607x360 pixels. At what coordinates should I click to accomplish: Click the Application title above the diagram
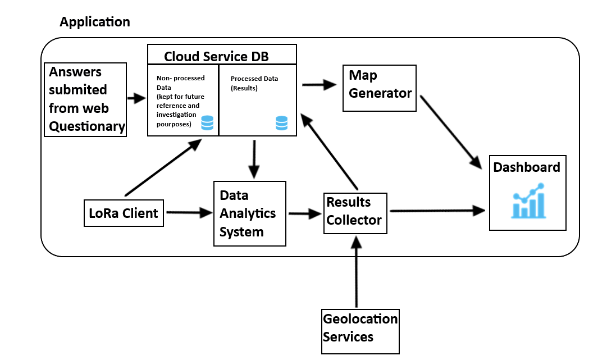(x=94, y=22)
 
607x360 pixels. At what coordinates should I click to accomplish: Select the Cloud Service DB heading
(x=216, y=57)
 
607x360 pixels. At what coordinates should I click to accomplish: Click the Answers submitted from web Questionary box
(x=85, y=99)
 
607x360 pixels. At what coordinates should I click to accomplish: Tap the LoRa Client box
(x=124, y=213)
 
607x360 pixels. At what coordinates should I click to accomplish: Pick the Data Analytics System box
(x=249, y=213)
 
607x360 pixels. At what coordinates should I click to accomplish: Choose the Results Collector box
(x=355, y=211)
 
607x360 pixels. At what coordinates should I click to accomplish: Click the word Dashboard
(x=527, y=167)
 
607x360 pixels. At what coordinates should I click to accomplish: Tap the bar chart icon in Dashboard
(x=528, y=201)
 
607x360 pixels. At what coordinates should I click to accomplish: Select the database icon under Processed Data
(x=281, y=123)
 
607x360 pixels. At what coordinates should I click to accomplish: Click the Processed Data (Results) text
(x=254, y=84)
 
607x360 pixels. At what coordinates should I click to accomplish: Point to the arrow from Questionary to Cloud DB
(x=136, y=99)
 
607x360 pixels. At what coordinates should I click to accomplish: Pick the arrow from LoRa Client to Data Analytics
(x=188, y=213)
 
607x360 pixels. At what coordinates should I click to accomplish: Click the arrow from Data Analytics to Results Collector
(x=305, y=214)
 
